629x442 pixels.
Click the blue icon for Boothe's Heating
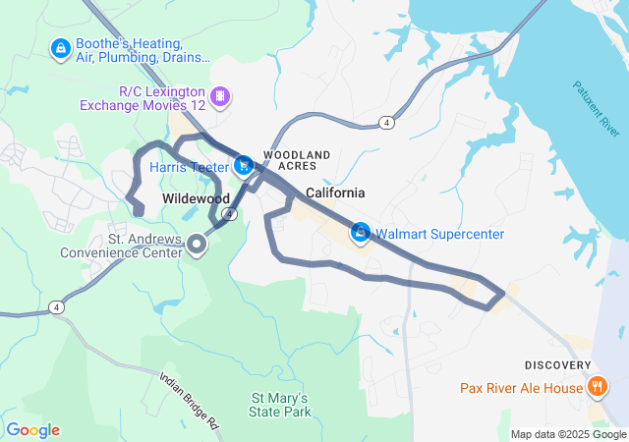[x=60, y=47]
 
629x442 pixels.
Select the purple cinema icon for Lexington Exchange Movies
[x=221, y=95]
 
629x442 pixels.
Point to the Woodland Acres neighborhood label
[x=296, y=161]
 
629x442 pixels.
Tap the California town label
[x=335, y=193]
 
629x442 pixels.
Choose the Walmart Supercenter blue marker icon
[x=362, y=233]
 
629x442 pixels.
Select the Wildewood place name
[x=195, y=198]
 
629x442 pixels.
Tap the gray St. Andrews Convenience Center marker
[x=197, y=244]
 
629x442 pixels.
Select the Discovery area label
[x=557, y=365]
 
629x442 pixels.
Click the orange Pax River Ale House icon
[x=597, y=387]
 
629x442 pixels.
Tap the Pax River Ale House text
[x=521, y=388]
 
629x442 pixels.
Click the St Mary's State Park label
[x=280, y=405]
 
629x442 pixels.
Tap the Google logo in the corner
[x=32, y=430]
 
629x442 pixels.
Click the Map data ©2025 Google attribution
[x=567, y=434]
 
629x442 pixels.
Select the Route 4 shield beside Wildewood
[x=228, y=213]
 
